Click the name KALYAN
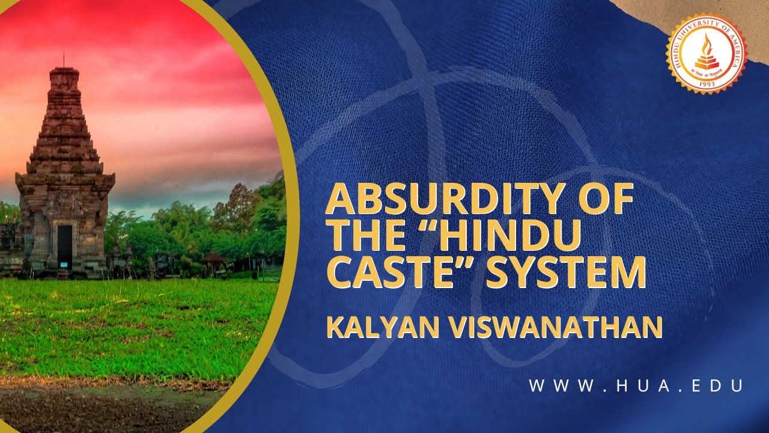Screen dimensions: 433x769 (379, 328)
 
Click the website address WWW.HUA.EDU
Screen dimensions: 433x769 (636, 386)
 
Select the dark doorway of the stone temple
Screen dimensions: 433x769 (64, 247)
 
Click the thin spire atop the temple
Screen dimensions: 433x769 (64, 60)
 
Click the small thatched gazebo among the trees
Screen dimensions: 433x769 (214, 259)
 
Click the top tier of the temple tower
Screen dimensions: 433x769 (64, 76)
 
